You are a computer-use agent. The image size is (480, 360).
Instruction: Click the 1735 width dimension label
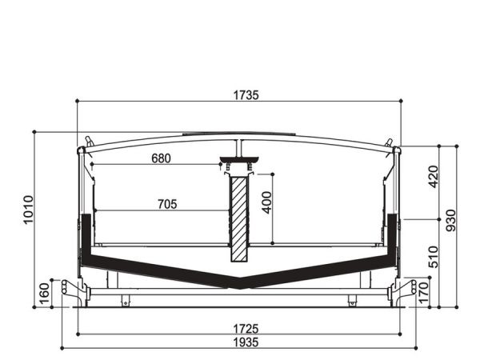[246, 95]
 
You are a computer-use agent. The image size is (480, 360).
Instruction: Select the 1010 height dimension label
[28, 210]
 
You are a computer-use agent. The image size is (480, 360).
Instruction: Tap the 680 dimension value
[161, 158]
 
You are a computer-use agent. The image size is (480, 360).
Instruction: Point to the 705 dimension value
[167, 204]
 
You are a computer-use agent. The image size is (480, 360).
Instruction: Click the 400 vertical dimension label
[267, 202]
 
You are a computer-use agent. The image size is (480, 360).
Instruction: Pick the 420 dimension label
[434, 177]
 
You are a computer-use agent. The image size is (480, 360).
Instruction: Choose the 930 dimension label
[450, 221]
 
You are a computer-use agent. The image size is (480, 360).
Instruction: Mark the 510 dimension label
[434, 257]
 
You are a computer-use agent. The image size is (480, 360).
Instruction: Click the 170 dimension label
[423, 293]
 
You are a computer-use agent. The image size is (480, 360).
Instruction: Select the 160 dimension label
[44, 294]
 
